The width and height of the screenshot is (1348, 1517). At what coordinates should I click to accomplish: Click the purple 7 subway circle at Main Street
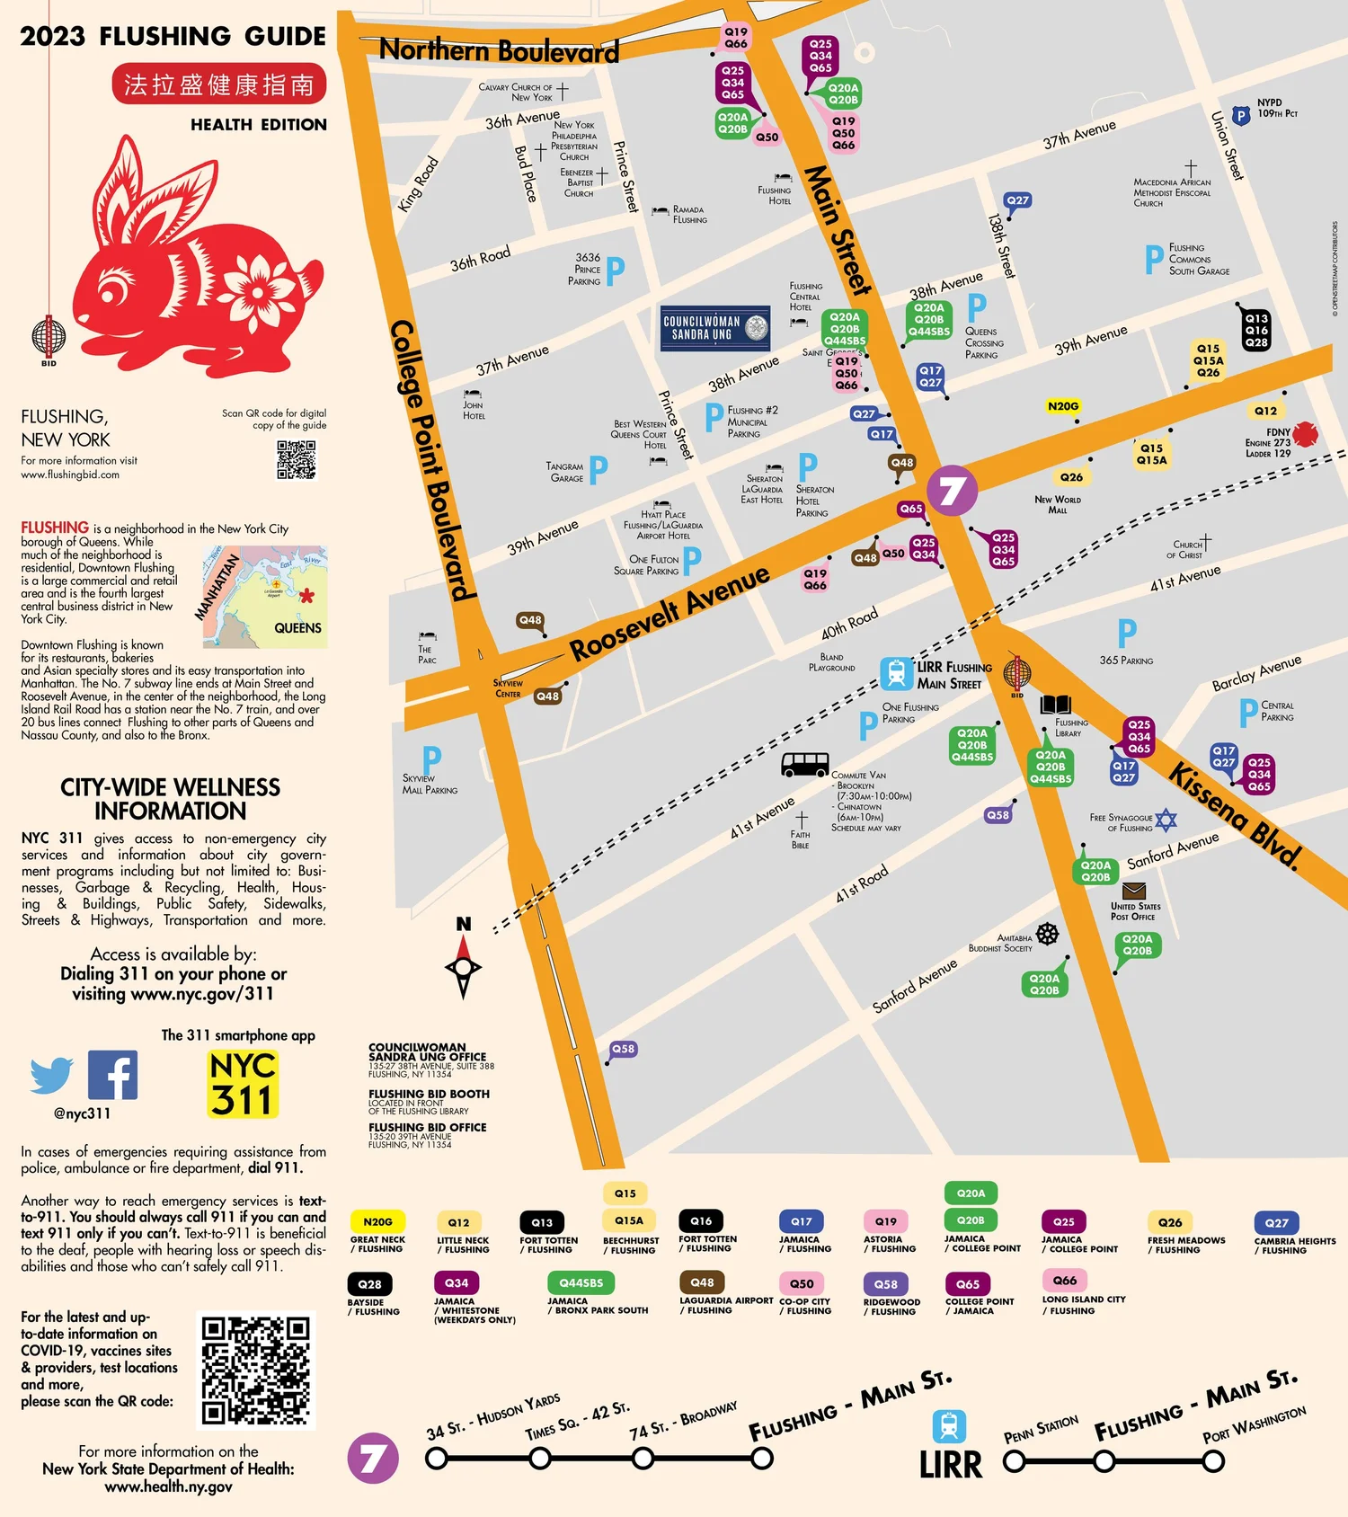point(952,491)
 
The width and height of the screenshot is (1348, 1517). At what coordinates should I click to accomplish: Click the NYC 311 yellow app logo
point(243,1085)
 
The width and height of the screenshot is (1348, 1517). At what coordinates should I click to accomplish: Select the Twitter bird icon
point(52,1075)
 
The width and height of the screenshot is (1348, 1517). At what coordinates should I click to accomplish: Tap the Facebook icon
point(113,1075)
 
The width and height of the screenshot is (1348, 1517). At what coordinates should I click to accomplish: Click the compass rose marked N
point(464,966)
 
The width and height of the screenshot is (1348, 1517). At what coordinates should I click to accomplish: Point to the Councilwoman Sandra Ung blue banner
point(715,328)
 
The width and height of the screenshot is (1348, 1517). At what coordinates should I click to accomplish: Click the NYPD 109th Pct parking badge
point(1241,115)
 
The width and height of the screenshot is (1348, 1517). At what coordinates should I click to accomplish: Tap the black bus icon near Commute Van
point(805,764)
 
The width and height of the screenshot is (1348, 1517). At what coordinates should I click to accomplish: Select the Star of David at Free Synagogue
point(1166,820)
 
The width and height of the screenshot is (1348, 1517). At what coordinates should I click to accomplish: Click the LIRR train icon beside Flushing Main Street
point(896,673)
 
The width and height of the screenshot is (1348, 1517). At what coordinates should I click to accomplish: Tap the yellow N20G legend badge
point(377,1222)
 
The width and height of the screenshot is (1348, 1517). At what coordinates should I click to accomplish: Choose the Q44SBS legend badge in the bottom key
point(581,1282)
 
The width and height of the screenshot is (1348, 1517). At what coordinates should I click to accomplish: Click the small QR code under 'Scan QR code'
point(297,459)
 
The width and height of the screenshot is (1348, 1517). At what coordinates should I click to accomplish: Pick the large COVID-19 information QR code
point(256,1371)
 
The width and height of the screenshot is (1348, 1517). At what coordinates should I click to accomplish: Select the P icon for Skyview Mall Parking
point(431,758)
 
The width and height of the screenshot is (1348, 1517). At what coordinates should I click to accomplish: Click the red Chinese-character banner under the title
point(218,84)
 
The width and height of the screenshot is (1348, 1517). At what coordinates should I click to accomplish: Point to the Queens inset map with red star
point(265,597)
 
